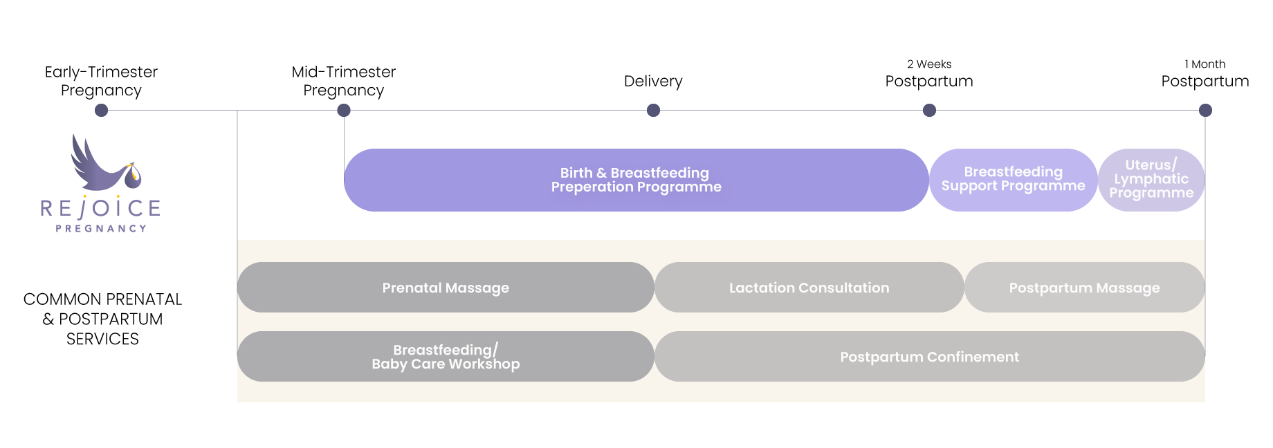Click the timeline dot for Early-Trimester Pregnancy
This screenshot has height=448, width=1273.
click(101, 111)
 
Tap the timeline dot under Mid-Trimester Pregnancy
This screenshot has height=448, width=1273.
click(344, 111)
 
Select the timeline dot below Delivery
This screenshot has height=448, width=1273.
click(653, 111)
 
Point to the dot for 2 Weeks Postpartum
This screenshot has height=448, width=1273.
click(930, 111)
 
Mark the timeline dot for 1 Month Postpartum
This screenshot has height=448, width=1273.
click(1205, 111)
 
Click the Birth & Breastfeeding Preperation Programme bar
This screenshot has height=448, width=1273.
click(636, 180)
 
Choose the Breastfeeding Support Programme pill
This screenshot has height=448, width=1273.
click(1014, 180)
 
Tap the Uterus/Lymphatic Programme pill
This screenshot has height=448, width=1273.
click(1151, 180)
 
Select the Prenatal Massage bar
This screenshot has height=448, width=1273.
click(446, 288)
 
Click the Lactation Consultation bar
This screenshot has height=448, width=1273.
click(809, 288)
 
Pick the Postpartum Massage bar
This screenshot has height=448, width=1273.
click(1085, 288)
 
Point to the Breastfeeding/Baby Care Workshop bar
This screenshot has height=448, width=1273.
click(446, 357)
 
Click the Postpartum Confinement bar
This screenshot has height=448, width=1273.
click(930, 357)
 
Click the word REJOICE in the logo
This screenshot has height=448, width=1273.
click(101, 208)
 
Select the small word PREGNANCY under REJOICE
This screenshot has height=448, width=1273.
click(101, 228)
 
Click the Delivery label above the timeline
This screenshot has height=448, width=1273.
click(653, 82)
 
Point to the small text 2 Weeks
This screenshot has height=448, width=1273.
click(929, 64)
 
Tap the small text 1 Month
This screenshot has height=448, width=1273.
click(1205, 64)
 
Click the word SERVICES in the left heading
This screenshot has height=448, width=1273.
click(102, 339)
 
